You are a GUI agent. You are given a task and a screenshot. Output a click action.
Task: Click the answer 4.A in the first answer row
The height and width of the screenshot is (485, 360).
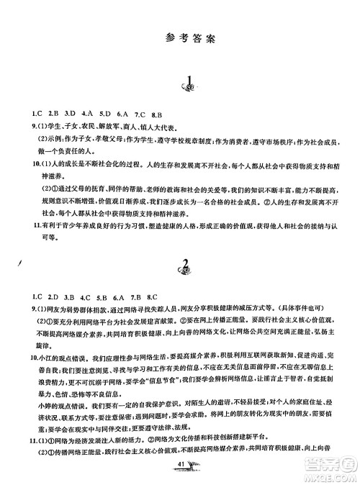coord(86,113)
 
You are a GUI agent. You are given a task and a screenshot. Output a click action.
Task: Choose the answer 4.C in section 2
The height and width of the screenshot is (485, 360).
coord(86,296)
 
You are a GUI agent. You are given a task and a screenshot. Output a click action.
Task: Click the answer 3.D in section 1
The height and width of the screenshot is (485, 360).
coord(69,113)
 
